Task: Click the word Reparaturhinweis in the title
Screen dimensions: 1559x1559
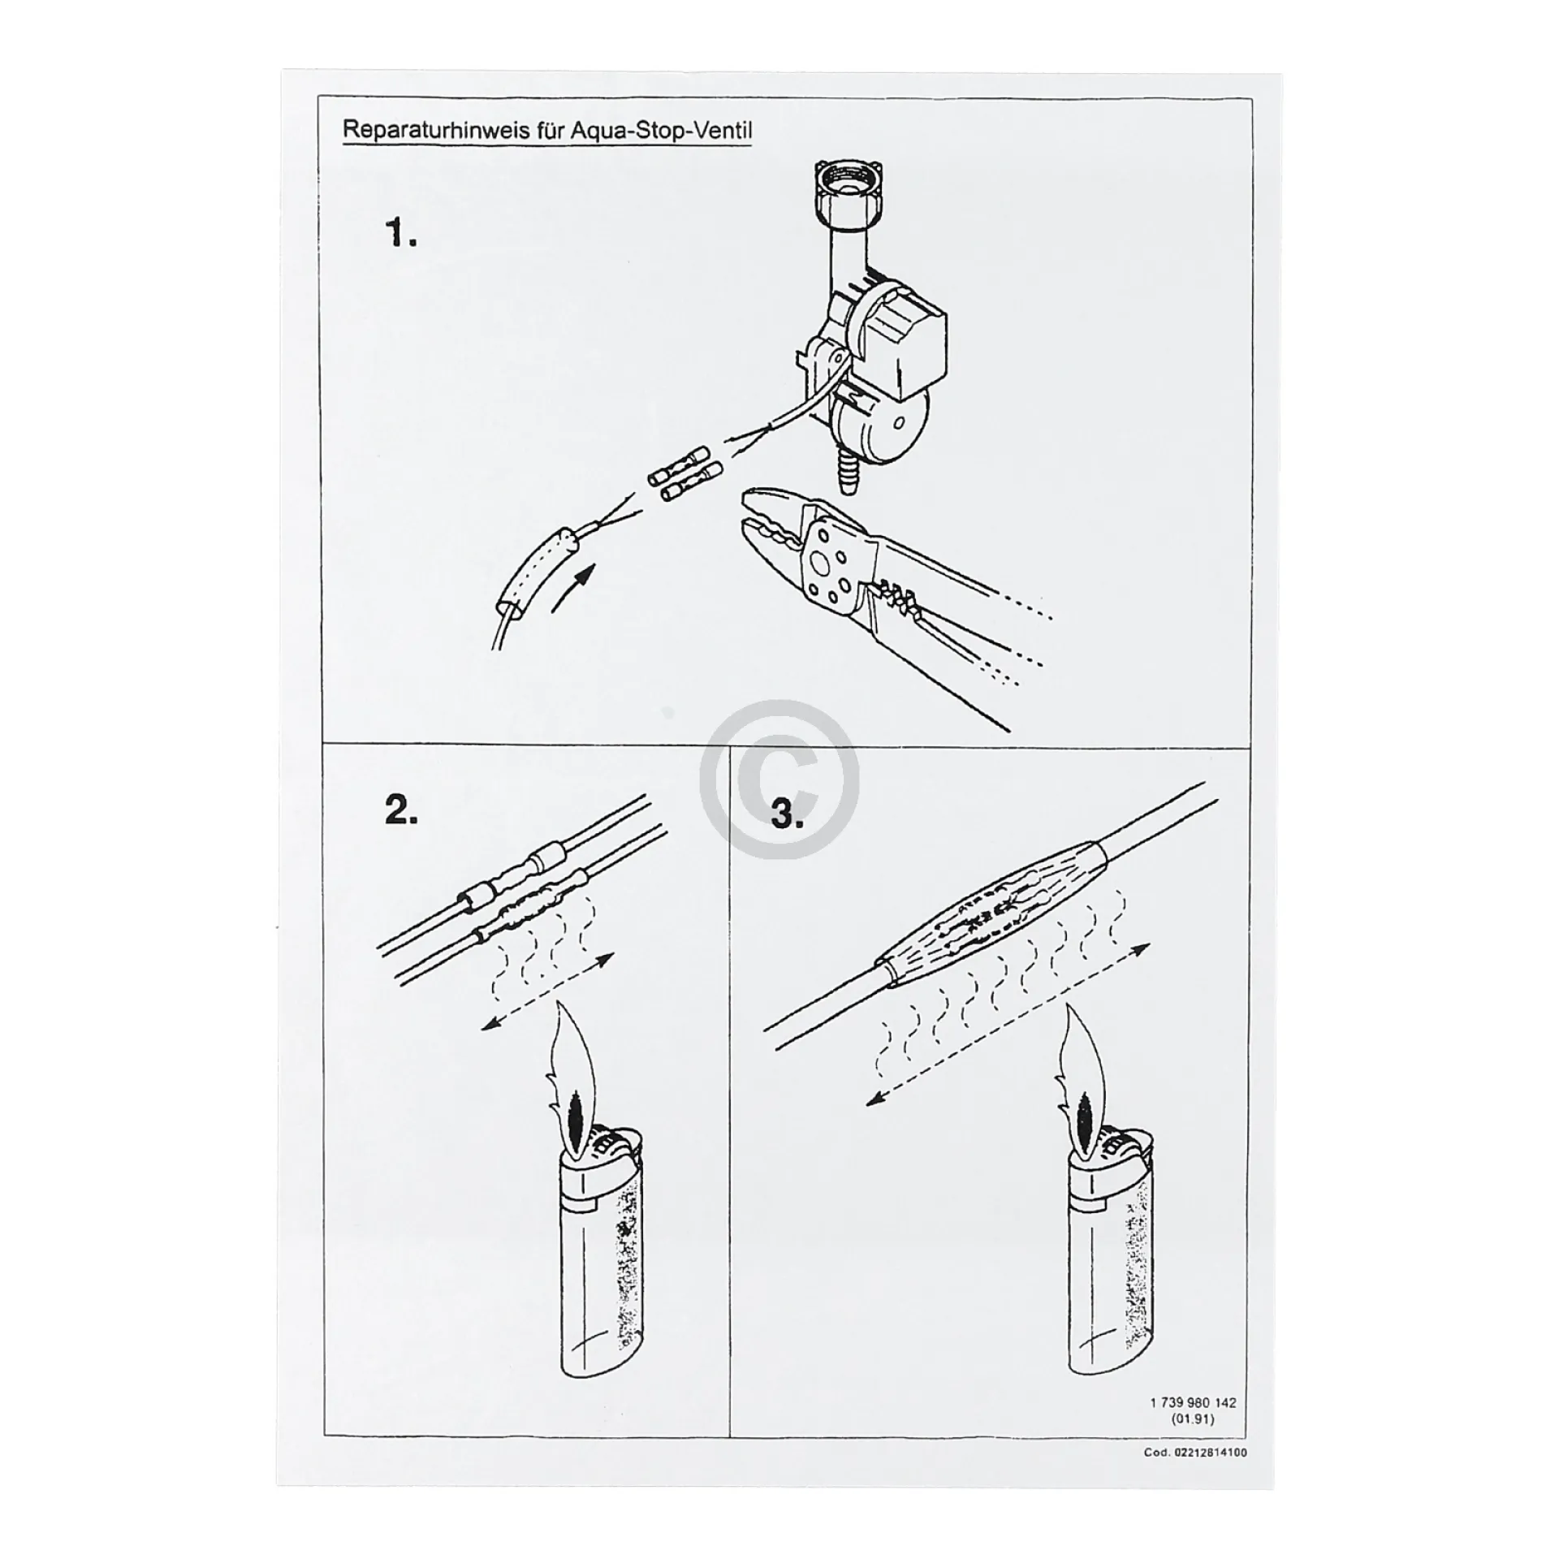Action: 438,130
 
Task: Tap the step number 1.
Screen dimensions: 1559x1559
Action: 400,234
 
